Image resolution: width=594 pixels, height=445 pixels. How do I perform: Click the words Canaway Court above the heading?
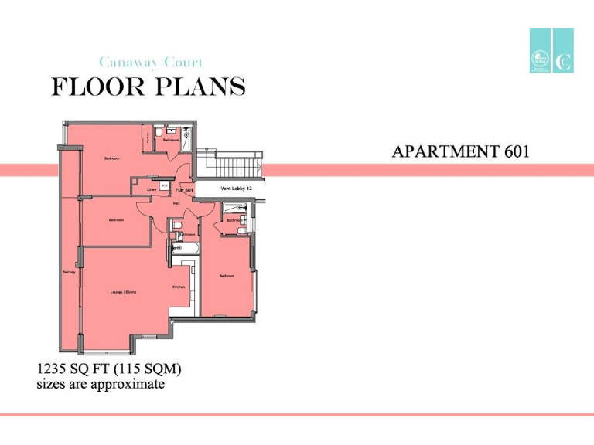(151, 63)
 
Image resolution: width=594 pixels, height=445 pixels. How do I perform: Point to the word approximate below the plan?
(127, 384)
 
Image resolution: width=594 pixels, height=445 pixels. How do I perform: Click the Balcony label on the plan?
(68, 272)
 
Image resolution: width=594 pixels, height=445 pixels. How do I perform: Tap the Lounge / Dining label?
(124, 292)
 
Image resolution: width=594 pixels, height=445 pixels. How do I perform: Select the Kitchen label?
(179, 287)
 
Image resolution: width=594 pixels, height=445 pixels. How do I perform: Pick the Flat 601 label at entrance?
(184, 189)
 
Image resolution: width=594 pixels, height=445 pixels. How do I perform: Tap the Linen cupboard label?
(152, 189)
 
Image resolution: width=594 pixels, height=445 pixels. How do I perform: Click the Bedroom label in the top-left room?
(112, 158)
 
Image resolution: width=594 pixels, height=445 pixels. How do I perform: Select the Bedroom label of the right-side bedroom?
(227, 276)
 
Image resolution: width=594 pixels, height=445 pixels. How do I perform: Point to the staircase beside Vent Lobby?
(237, 164)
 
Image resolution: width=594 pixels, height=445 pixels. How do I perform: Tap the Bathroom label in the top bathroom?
(171, 140)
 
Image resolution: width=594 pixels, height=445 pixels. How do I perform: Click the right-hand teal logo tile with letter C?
(563, 51)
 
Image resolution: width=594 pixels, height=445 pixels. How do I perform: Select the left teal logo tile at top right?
(540, 51)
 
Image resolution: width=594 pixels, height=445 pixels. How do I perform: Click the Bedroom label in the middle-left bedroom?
(116, 220)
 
